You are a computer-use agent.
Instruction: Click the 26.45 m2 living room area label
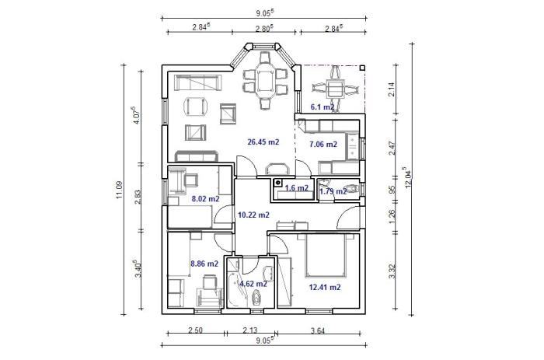pos(263,142)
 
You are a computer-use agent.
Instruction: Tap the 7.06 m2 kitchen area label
pos(323,144)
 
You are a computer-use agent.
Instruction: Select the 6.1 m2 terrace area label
pos(323,107)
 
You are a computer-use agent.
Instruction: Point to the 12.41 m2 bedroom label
pos(325,287)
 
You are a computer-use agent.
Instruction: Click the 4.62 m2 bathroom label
pos(253,284)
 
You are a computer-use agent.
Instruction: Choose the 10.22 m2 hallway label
pos(253,215)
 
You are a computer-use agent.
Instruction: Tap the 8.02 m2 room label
pos(205,199)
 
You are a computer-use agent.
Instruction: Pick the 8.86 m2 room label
pos(204,264)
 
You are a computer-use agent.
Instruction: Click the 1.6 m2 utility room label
pos(296,188)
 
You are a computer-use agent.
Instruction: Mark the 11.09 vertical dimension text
pos(120,190)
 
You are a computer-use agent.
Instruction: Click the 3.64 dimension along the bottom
pos(317,330)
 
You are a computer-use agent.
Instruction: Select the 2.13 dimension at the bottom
pos(249,330)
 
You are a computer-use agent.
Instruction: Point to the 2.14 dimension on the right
pos(392,89)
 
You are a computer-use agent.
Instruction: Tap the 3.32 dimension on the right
pos(392,271)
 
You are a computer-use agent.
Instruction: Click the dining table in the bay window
pos(266,81)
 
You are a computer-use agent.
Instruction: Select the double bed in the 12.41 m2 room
pos(326,255)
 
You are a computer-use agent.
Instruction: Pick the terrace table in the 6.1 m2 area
pos(336,89)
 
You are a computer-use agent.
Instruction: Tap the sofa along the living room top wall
pos(197,82)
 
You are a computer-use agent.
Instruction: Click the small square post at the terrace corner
pos(362,68)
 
